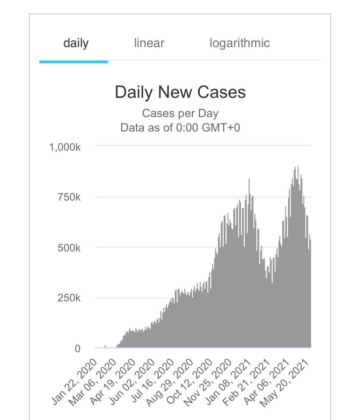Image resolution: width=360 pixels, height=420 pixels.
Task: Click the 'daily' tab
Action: click(76, 43)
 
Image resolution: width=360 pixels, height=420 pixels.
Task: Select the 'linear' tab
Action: click(149, 43)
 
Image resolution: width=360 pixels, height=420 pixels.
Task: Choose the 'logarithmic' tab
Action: click(240, 43)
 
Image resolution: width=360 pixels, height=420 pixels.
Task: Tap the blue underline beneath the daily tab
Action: click(74, 62)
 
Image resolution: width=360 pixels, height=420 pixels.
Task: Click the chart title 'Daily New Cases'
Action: click(180, 92)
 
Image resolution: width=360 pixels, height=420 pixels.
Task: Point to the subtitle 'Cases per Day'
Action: click(180, 113)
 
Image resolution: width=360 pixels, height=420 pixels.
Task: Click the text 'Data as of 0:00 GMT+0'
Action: click(180, 128)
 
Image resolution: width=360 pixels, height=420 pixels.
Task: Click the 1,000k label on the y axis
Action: click(65, 147)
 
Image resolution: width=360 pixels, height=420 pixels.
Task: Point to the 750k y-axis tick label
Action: click(69, 197)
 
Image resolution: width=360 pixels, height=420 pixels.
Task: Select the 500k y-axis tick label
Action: click(69, 248)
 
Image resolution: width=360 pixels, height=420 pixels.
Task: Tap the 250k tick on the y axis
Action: click(69, 298)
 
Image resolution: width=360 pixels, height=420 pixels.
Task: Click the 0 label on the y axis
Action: click(77, 349)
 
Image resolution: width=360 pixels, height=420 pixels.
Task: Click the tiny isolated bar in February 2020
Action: click(105, 346)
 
